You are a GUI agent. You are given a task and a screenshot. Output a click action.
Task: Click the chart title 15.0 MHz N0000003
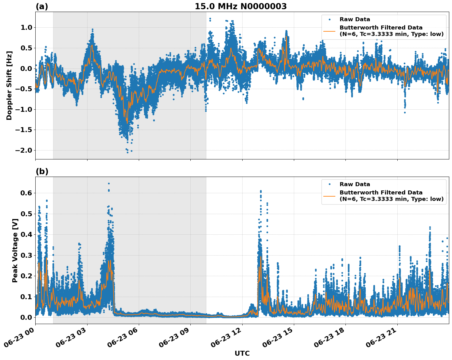coord(241,6)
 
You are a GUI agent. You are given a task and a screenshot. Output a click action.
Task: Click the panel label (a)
coord(42,6)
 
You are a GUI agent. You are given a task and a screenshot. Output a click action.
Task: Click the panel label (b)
coord(42,171)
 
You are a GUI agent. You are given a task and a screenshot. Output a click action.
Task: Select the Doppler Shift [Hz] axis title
coord(9,85)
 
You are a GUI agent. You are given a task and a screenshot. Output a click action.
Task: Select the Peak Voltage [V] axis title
coord(15,250)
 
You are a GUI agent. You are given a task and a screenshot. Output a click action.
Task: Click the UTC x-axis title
coord(242,353)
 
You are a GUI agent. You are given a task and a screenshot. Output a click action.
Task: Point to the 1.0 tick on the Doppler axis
coord(26,27)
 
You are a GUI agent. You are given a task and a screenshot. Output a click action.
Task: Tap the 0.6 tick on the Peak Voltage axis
coord(26,193)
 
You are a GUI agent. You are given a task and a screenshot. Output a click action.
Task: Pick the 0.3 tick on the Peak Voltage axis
coord(26,255)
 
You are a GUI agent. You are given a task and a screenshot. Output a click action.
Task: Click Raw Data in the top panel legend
coord(355,19)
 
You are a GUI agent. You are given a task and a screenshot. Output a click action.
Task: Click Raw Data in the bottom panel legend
coord(355,184)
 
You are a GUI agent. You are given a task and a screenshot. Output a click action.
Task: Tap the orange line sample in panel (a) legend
coord(329,31)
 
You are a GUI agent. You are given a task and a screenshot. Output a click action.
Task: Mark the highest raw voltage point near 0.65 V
coord(109,183)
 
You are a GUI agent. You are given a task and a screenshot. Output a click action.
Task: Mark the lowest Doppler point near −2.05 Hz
coord(128,152)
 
